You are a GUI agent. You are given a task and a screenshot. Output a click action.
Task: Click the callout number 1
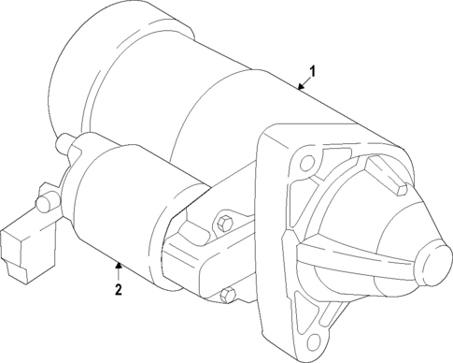[313, 70]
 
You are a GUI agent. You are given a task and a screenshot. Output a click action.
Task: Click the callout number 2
[119, 289]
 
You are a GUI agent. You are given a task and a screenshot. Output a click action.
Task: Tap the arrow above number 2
[119, 269]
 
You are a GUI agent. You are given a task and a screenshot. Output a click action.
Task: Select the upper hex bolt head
[222, 224]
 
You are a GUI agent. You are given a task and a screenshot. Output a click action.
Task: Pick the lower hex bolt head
[225, 298]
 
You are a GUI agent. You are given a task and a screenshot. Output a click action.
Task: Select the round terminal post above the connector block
[43, 200]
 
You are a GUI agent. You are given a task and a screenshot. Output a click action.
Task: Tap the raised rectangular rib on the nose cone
[383, 179]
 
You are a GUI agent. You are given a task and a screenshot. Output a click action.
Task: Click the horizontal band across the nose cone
[355, 254]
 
